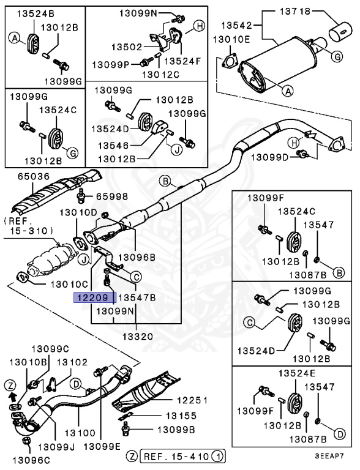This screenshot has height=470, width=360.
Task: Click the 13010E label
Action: pyautogui.click(x=231, y=39)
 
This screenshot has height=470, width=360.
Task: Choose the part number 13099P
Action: pyautogui.click(x=110, y=64)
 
